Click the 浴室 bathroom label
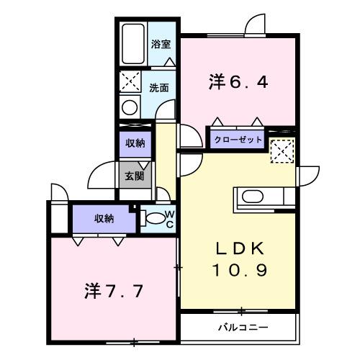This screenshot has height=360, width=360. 160,44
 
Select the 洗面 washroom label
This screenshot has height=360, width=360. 159,88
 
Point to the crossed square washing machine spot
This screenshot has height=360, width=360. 130,81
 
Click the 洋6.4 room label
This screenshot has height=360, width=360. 240,82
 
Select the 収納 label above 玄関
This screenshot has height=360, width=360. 135,143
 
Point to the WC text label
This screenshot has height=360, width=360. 170,218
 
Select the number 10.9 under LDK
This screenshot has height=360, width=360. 240,271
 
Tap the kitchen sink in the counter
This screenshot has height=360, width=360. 253,196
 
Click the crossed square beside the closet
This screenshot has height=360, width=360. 281,152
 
